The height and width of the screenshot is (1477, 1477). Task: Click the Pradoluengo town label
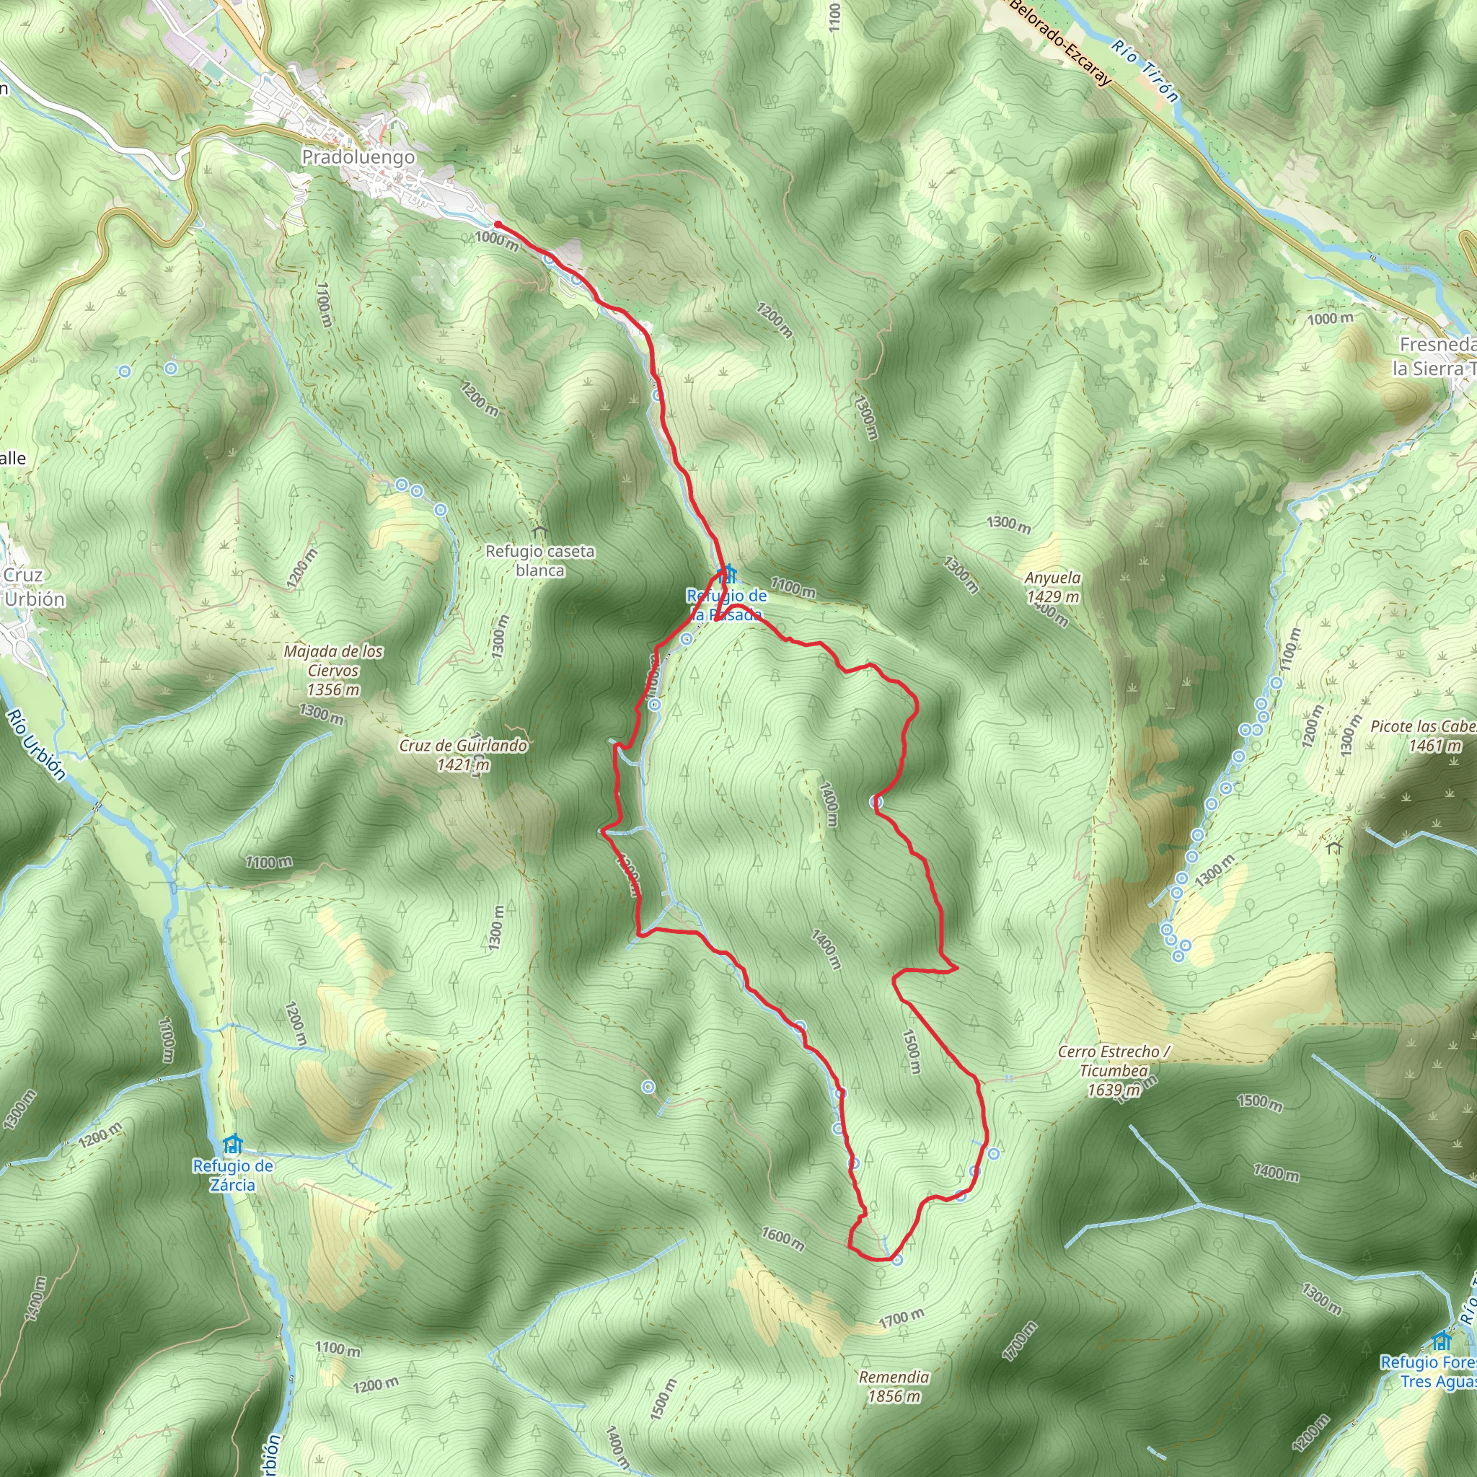pyautogui.click(x=358, y=157)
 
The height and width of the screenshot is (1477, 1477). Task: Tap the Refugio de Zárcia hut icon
pyautogui.click(x=232, y=1145)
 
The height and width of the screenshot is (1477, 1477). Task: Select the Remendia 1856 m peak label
pyautogui.click(x=894, y=1386)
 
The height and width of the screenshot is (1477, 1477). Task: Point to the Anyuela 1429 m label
pyautogui.click(x=1053, y=587)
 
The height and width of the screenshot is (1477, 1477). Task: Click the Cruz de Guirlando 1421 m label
pyautogui.click(x=462, y=754)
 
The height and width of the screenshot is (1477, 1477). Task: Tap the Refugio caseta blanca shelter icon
pyautogui.click(x=539, y=530)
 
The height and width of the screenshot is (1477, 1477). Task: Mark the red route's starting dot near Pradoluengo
pyautogui.click(x=497, y=224)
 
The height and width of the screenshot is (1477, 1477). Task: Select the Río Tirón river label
pyautogui.click(x=1145, y=71)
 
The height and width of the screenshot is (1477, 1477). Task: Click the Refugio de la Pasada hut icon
pyautogui.click(x=727, y=573)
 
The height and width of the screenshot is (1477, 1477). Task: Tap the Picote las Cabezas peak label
pyautogui.click(x=1422, y=736)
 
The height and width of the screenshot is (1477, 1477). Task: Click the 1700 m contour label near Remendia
pyautogui.click(x=901, y=1317)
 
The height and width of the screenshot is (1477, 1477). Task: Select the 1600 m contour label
pyautogui.click(x=782, y=1238)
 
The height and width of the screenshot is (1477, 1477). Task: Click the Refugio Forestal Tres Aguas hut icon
pyautogui.click(x=1441, y=1340)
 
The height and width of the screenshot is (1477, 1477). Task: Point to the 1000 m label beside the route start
pyautogui.click(x=496, y=240)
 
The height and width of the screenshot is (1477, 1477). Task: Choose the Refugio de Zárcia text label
pyautogui.click(x=232, y=1175)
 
